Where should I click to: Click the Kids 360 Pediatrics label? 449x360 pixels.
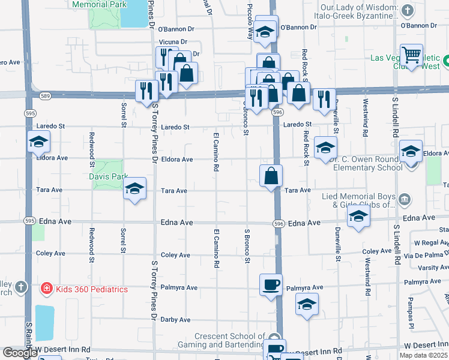(92, 289)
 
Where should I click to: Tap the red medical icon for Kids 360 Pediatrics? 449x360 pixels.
(46, 289)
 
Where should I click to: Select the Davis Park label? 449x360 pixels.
(108, 178)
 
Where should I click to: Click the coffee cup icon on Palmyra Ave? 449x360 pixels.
(271, 284)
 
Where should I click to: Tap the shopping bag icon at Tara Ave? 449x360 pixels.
(271, 176)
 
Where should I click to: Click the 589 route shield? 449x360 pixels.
(46, 95)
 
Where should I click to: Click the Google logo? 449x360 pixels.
(20, 353)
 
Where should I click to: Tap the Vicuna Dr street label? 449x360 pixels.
(173, 42)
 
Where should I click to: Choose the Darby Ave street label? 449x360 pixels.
(175, 320)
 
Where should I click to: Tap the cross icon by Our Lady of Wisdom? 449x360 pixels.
(407, 10)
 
